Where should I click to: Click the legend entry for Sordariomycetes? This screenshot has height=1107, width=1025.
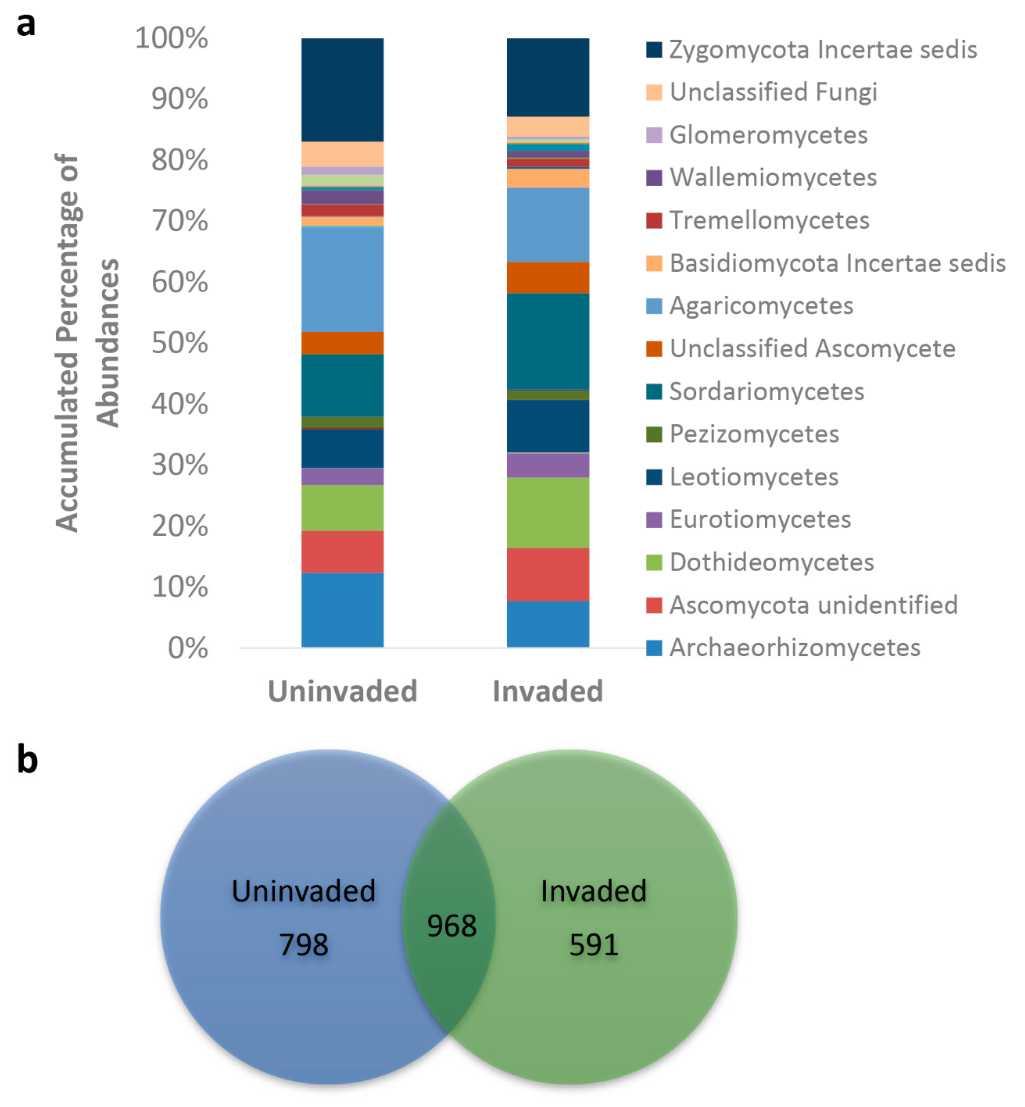click(x=766, y=392)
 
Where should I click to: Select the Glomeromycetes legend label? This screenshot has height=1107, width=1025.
click(x=768, y=135)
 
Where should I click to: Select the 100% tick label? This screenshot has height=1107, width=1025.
click(x=171, y=38)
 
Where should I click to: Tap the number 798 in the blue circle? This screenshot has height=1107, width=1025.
click(x=303, y=944)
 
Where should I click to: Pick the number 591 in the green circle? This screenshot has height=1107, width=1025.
click(x=594, y=944)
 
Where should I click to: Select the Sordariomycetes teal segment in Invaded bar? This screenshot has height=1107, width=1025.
click(x=548, y=341)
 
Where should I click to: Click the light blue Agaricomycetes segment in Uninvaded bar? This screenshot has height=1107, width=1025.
click(x=342, y=279)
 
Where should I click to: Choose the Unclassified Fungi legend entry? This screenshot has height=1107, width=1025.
click(x=773, y=92)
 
